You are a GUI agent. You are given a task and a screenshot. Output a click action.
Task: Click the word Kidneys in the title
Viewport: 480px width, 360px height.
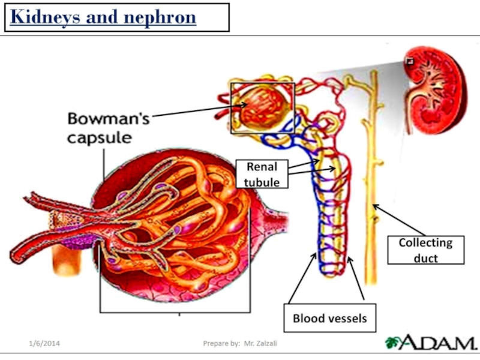(44, 17)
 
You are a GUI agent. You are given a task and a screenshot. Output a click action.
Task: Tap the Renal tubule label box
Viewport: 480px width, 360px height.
(262, 174)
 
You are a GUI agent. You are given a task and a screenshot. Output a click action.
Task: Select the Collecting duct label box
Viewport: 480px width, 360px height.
(425, 250)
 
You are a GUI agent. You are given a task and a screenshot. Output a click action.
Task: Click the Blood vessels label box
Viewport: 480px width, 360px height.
(329, 318)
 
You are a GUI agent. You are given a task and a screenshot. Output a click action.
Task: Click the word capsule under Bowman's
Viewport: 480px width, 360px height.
(98, 137)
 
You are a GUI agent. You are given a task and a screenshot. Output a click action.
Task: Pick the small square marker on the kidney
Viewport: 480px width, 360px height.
(410, 61)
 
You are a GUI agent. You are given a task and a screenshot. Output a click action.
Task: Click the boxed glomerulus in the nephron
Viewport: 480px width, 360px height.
(262, 107)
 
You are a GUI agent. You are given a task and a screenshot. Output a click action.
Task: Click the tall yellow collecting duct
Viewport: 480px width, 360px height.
(372, 180)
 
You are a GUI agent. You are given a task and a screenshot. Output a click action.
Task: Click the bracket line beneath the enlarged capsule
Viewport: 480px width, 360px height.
(174, 312)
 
